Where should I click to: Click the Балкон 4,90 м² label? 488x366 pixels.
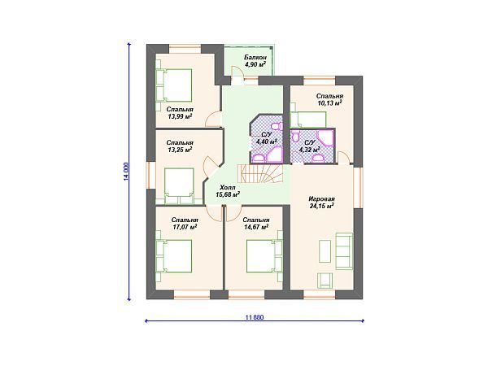pyautogui.click(x=255, y=61)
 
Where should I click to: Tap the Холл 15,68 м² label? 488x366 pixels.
pyautogui.click(x=228, y=191)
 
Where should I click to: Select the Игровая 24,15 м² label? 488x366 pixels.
pyautogui.click(x=321, y=202)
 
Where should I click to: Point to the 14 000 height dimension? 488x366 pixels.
pyautogui.click(x=126, y=172)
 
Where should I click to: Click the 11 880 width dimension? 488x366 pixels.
pyautogui.click(x=255, y=317)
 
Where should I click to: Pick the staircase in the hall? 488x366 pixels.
pyautogui.click(x=260, y=173)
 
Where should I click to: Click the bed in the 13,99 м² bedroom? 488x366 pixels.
pyautogui.click(x=174, y=85)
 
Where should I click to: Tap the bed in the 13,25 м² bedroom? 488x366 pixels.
pyautogui.click(x=179, y=185)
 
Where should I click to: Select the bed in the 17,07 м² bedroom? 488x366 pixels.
pyautogui.click(x=174, y=256)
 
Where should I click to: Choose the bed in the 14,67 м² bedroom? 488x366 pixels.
pyautogui.click(x=264, y=256)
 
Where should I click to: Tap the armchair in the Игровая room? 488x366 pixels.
pyautogui.click(x=325, y=280)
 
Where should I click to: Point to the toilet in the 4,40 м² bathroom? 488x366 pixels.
pyautogui.click(x=277, y=127)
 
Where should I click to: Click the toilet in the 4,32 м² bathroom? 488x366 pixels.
pyautogui.click(x=295, y=137)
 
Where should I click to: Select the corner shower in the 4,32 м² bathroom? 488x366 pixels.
pyautogui.click(x=326, y=138)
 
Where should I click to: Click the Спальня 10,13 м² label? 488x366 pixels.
pyautogui.click(x=329, y=99)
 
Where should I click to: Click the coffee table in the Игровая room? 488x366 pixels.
pyautogui.click(x=325, y=251)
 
